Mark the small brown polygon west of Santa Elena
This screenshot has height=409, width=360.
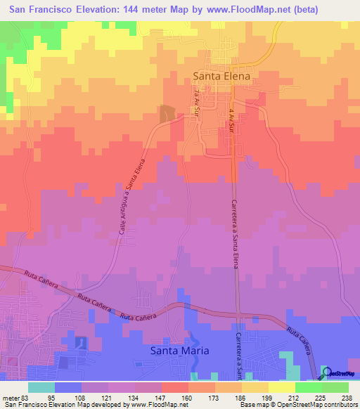click(x=167, y=112)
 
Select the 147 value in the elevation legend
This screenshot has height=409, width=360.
click(x=161, y=397)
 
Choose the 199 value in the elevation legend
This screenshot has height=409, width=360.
click(x=266, y=397)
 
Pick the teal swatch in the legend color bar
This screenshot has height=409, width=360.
click(x=41, y=387)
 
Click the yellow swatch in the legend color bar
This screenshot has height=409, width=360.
click(x=281, y=387)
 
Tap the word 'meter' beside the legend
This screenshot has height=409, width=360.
click(x=11, y=397)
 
